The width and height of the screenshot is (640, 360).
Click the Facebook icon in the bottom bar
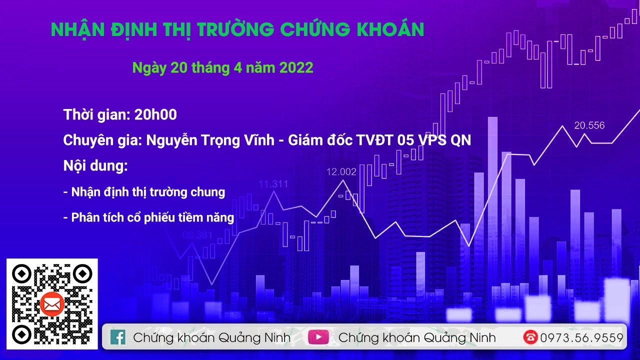coord(118,337)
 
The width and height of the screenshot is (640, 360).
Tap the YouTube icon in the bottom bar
coord(318,337)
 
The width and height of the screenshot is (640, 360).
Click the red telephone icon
coord(530,337)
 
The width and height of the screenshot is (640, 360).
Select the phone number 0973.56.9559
coord(581,337)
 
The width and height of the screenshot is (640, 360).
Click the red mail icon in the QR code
coord(51,304)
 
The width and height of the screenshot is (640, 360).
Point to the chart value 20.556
coord(589,125)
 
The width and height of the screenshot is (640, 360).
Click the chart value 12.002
coord(341,172)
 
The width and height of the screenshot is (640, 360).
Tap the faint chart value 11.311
coord(273,184)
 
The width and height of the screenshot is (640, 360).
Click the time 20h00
coord(155,114)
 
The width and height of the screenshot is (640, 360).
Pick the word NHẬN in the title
coord(76,30)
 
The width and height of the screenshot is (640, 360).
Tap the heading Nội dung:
coord(95,165)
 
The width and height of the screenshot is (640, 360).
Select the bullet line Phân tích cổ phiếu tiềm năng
coord(148,217)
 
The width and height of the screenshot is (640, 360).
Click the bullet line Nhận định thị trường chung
coord(144,192)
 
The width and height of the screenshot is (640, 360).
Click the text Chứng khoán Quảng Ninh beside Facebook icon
coord(211,337)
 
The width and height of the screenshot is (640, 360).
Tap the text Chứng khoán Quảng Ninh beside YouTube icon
coord(417,337)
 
